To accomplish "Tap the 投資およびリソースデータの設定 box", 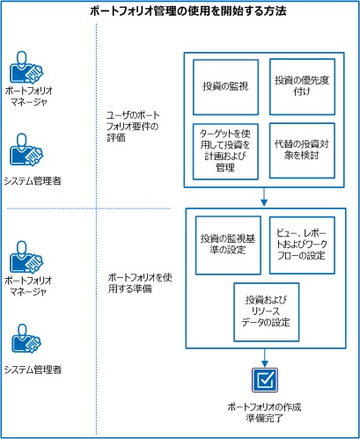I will tap(264, 309).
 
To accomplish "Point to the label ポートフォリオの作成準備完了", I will tap(264, 413).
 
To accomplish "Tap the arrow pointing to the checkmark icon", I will tap(264, 355).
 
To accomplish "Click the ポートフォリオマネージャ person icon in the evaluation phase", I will tap(26, 66).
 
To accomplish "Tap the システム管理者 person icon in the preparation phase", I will tap(26, 342).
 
